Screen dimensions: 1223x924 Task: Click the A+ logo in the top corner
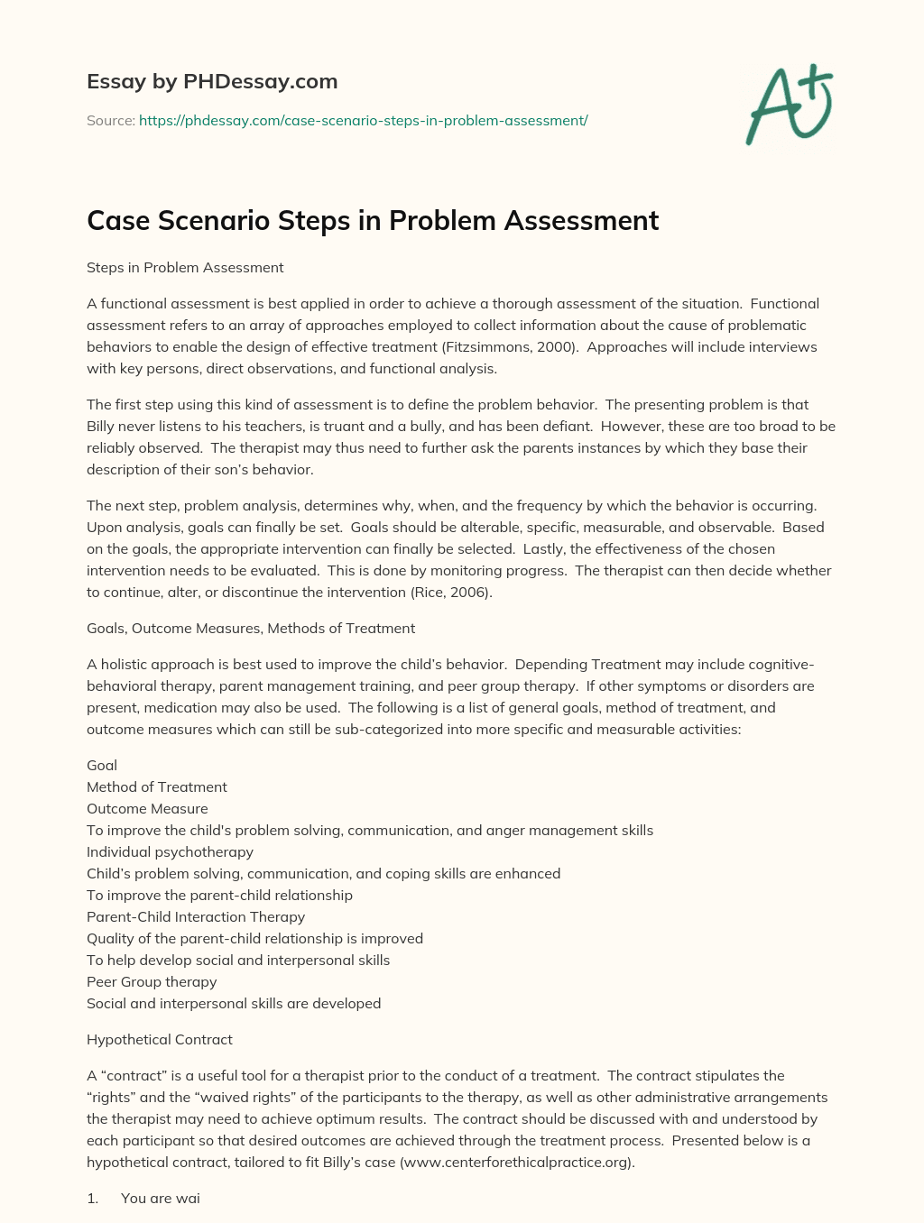click(x=789, y=105)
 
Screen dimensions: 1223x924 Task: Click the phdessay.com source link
click(x=363, y=120)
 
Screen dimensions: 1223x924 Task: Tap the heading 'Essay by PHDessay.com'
click(x=212, y=81)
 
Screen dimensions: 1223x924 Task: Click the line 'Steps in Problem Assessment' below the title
click(x=185, y=267)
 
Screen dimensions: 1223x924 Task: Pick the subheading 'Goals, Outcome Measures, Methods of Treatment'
click(x=251, y=628)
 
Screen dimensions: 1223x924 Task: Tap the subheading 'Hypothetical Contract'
click(x=160, y=1039)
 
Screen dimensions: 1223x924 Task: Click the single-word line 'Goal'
click(x=102, y=765)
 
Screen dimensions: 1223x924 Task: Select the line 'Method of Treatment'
click(x=157, y=786)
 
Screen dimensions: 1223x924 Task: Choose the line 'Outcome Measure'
click(x=147, y=808)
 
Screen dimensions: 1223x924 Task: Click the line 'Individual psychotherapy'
click(x=170, y=851)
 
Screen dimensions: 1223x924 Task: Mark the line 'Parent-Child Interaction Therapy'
click(x=196, y=916)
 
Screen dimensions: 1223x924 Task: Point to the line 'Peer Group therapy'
click(x=152, y=981)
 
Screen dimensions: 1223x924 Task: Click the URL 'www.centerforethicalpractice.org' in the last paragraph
click(x=516, y=1162)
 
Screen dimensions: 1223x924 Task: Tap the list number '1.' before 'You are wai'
click(x=92, y=1198)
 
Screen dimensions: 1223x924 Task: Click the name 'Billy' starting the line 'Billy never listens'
click(x=102, y=426)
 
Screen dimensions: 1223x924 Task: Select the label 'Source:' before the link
click(x=110, y=120)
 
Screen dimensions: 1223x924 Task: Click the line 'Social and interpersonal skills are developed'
click(x=234, y=1003)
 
